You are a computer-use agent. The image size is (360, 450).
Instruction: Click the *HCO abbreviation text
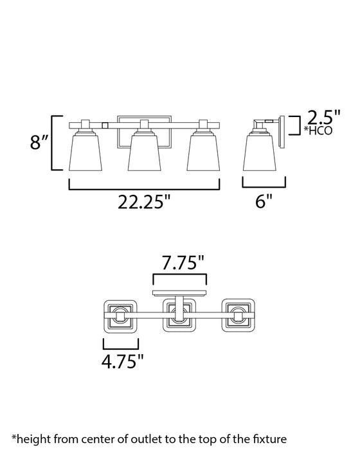318,132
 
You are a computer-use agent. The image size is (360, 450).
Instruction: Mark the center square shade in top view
179,315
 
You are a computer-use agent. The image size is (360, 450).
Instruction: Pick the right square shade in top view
239,315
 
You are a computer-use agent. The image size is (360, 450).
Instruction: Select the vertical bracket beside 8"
53,143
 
